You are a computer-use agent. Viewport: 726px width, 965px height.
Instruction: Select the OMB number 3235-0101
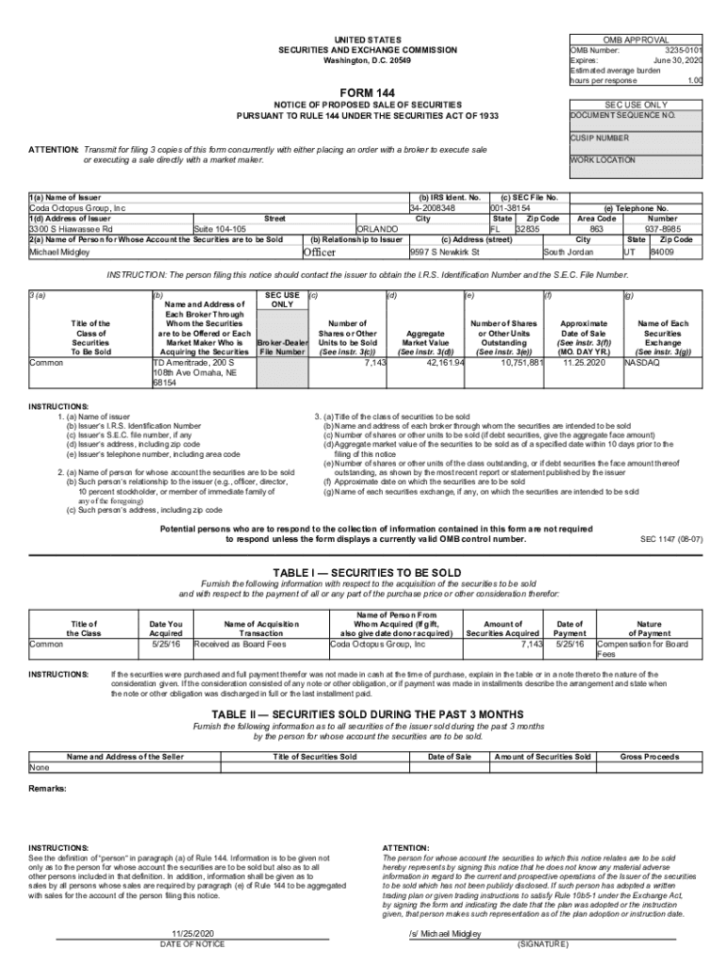[684, 50]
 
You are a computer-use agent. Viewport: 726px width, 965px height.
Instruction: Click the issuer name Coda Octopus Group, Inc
[77, 208]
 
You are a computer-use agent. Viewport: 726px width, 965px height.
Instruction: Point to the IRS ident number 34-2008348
[433, 208]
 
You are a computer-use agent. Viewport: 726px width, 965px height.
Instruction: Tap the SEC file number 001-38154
[511, 208]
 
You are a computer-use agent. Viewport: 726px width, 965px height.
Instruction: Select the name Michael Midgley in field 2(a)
[60, 253]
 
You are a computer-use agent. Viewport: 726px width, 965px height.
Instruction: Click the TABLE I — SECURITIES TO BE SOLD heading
[367, 573]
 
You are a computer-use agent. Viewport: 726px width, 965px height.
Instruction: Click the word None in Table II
[40, 768]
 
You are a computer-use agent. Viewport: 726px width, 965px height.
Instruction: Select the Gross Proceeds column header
[650, 757]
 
